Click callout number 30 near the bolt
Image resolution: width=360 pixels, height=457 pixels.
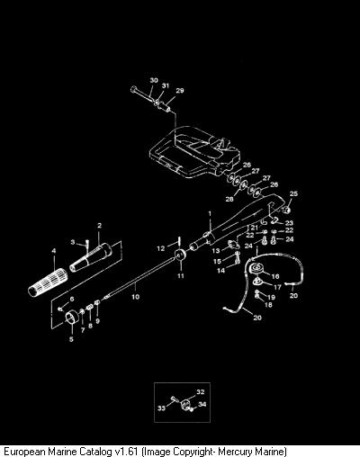(154, 80)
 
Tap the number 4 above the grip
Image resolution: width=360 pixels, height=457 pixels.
(54, 251)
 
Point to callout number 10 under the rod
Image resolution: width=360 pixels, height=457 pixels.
(136, 297)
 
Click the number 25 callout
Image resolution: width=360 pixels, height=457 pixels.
(293, 193)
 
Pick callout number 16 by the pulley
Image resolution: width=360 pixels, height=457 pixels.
(275, 276)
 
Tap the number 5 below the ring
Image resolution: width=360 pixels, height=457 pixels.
(71, 339)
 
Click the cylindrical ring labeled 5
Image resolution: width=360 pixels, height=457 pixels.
(72, 318)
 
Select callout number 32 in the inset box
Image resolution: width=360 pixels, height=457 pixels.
(201, 391)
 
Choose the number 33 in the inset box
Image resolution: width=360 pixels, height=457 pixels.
(162, 408)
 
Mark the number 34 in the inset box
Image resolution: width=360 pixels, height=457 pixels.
(202, 404)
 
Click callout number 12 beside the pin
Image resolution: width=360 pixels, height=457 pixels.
(161, 248)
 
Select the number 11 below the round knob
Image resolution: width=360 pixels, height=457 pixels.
(180, 275)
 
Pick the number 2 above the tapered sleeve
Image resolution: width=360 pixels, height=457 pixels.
(100, 226)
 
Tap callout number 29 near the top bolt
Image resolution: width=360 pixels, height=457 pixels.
(180, 90)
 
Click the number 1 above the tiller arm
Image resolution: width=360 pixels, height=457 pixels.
(210, 213)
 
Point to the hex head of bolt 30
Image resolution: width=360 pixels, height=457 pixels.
(134, 89)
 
